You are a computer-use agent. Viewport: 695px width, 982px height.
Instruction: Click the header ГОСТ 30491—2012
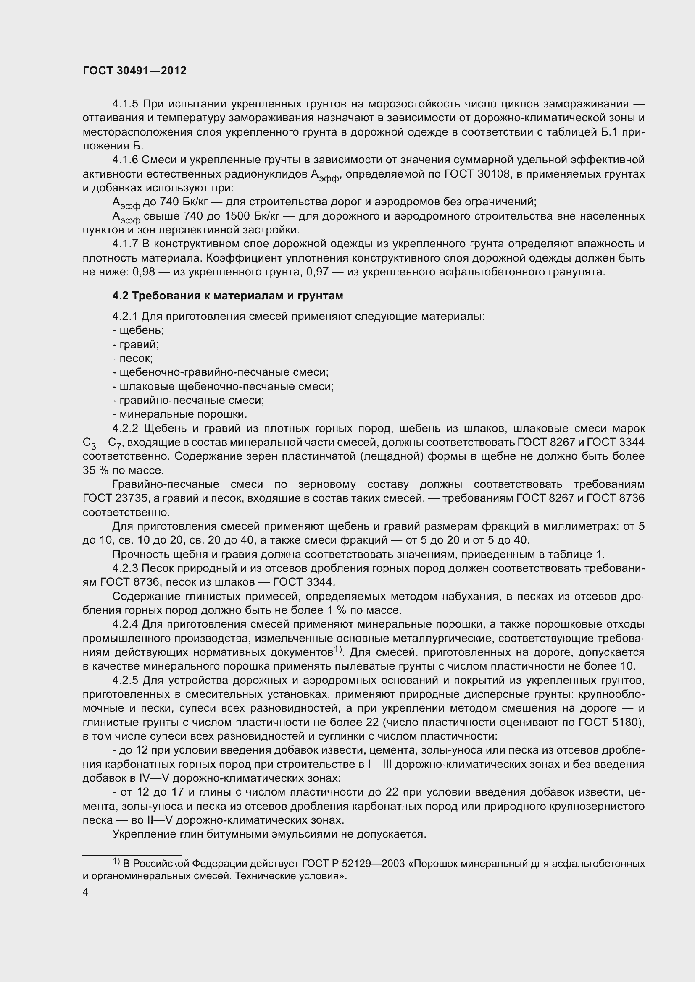point(134,71)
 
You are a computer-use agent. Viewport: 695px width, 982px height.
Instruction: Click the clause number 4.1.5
point(125,104)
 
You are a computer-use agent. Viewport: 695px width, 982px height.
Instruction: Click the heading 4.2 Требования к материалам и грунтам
point(227,296)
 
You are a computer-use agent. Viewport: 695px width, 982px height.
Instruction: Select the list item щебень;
point(138,330)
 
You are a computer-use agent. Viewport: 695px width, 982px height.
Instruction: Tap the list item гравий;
point(135,344)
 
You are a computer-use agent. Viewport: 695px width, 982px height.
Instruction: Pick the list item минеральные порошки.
point(180,414)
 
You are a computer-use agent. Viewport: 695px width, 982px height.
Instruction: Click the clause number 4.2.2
point(125,429)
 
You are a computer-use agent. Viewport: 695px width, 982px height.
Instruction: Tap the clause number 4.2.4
point(125,624)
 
